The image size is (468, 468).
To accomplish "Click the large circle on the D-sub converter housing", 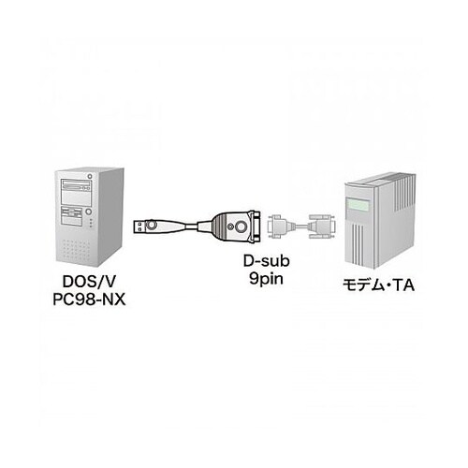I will pos(229,224).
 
